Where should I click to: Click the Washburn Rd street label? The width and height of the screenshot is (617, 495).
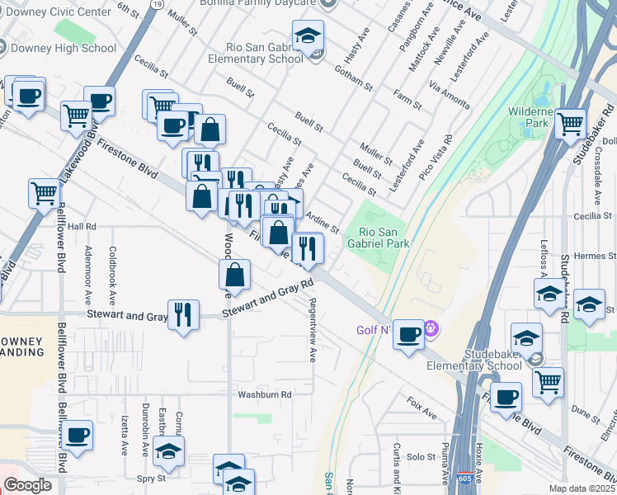(x=266, y=394)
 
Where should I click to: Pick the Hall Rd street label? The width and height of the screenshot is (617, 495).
(x=82, y=226)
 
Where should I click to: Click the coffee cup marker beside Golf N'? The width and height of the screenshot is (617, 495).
(x=408, y=334)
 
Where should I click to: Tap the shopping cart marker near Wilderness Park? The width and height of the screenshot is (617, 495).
(x=570, y=124)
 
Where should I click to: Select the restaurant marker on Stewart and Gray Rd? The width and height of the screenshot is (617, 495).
(x=183, y=313)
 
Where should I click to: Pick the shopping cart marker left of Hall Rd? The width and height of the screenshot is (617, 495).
(x=44, y=194)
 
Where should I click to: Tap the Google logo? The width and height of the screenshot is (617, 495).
(x=27, y=485)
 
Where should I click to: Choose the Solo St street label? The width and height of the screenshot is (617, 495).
(x=420, y=456)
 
